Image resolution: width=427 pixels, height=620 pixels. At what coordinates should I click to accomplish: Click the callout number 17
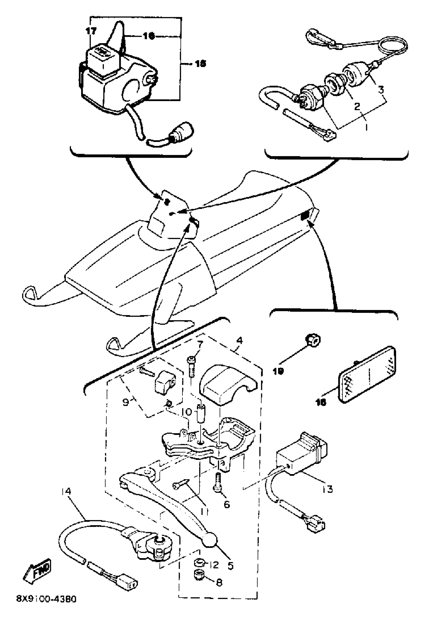(x=91, y=31)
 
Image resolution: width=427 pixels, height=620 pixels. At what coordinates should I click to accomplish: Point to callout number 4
(x=239, y=341)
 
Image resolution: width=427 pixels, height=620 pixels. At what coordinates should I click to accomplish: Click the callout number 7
(x=200, y=343)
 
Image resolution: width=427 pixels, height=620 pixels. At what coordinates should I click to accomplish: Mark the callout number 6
(x=227, y=504)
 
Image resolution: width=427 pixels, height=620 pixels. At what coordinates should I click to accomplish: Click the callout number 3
(x=381, y=89)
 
